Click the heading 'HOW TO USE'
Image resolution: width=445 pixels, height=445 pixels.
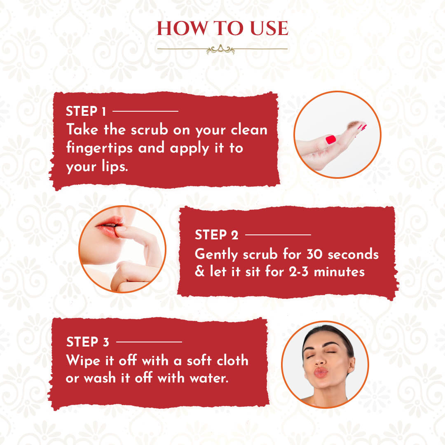coord(222,28)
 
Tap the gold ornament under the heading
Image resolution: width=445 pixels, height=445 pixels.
coord(220,50)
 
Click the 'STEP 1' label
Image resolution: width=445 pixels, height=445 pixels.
coord(86,111)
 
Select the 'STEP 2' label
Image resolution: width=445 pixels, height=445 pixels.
coord(217,235)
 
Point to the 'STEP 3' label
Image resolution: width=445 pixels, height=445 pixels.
coord(88,342)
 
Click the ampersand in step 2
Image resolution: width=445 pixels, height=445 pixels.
coord(200,271)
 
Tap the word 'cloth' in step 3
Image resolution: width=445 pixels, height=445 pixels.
coord(232,361)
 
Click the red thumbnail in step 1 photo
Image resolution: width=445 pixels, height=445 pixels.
coord(330,140)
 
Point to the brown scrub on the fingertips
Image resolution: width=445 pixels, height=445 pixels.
coord(354,125)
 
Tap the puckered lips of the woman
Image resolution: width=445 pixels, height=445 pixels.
coord(321,372)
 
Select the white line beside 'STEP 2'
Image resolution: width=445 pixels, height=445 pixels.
coord(278,235)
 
